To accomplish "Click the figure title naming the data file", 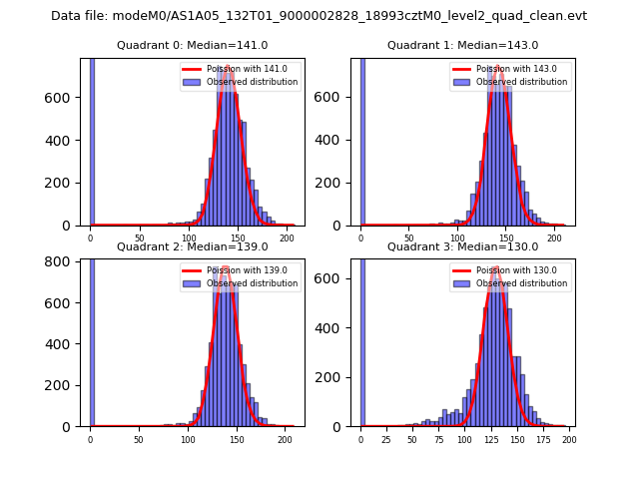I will click(319, 16).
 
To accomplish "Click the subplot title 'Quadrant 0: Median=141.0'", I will click(192, 45).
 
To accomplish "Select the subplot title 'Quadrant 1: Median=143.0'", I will click(462, 45).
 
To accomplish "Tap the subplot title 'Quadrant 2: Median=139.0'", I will click(192, 246).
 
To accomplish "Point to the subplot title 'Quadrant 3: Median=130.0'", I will click(462, 246).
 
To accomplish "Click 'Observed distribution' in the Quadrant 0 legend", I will click(252, 82).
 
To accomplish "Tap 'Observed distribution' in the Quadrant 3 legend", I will click(521, 283).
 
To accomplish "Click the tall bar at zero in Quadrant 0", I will click(92, 140).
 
